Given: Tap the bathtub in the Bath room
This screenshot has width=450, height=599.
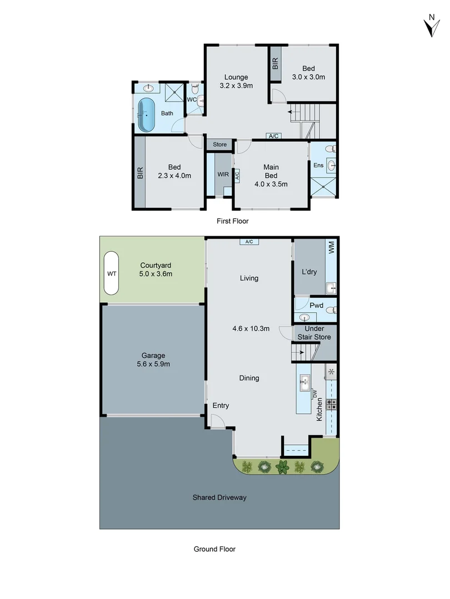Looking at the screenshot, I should point(146,115).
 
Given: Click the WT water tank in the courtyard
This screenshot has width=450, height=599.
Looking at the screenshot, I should point(111,273).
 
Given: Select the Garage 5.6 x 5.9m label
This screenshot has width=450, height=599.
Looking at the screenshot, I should point(152,360).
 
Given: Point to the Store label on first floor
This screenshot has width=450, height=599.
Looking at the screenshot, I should point(220,145).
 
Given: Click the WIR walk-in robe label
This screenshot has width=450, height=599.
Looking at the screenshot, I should point(223,174).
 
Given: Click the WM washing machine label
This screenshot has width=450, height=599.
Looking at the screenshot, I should point(332,247).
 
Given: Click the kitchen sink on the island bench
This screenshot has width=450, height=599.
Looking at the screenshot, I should point(305,383).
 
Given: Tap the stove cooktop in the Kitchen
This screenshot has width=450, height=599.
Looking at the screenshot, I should point(332,404).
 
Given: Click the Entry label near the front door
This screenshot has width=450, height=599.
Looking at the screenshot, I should point(221,405).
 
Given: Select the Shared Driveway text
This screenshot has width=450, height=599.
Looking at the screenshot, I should point(219,498).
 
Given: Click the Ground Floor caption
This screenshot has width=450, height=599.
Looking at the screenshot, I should point(214,549).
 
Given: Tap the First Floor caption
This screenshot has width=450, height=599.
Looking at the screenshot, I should point(232,221).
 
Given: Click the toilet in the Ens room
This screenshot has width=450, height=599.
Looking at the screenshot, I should point(331,149).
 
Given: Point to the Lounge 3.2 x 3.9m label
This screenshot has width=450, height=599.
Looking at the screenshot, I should point(236,82).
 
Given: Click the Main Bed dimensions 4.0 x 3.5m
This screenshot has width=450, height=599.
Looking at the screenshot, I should point(271,185).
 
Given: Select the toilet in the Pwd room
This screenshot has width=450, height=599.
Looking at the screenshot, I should point(331,308).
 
